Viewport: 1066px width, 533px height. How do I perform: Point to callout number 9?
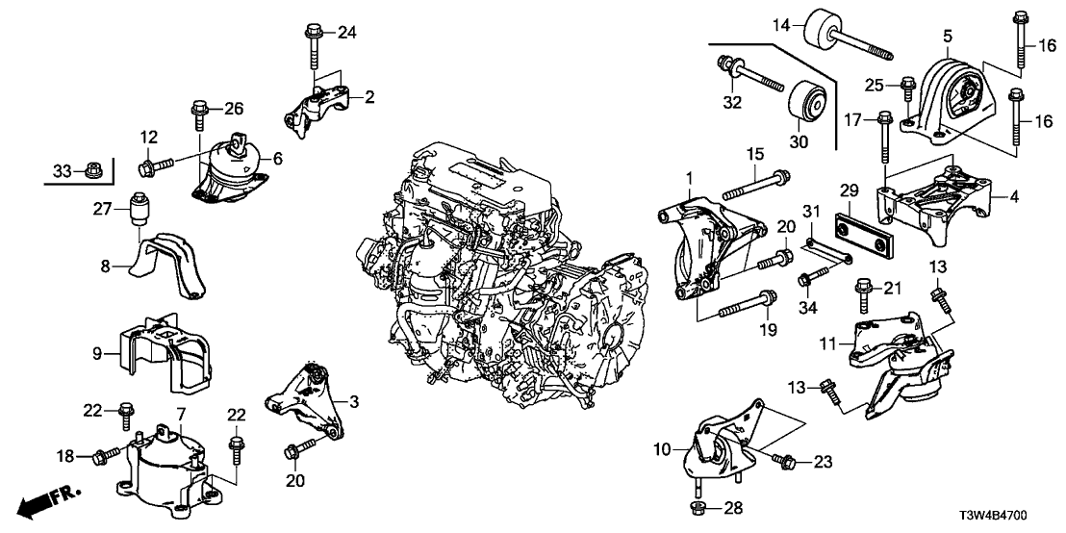pos(97,353)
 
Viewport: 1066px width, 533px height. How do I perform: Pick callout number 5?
pos(948,37)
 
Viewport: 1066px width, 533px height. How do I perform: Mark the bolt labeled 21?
pos(861,292)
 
